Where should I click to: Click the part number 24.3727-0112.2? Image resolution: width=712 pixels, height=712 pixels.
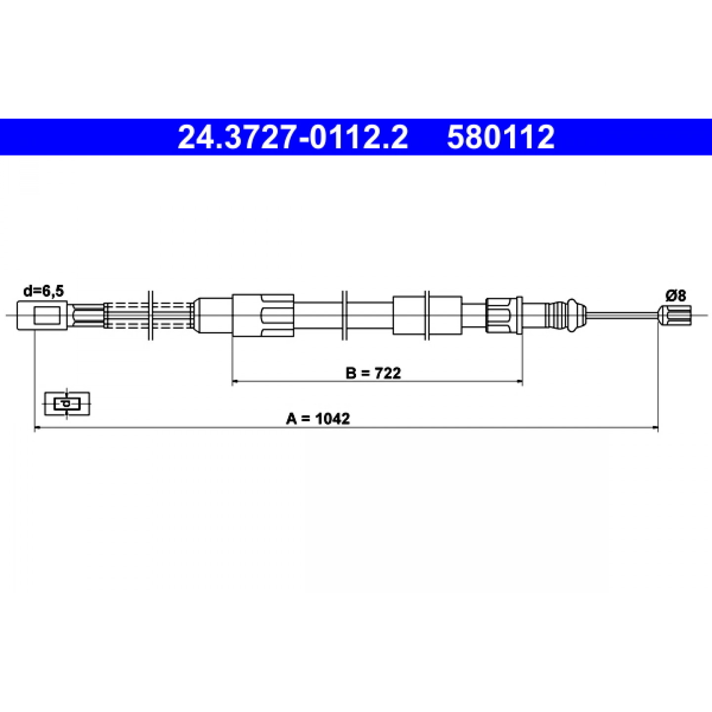click(293, 137)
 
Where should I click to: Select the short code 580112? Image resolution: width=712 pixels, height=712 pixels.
click(501, 137)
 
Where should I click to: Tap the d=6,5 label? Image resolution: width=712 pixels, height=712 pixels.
click(44, 292)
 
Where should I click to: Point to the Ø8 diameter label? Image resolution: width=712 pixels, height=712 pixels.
click(676, 296)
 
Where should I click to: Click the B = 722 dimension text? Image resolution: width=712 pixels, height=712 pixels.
click(373, 373)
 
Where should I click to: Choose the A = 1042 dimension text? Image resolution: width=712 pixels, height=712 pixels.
click(318, 419)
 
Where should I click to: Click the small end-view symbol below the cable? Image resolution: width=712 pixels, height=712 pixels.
click(67, 403)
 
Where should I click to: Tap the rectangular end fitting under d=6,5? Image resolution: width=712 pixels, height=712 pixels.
click(42, 315)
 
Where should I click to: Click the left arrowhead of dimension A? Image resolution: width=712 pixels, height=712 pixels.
click(37, 428)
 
